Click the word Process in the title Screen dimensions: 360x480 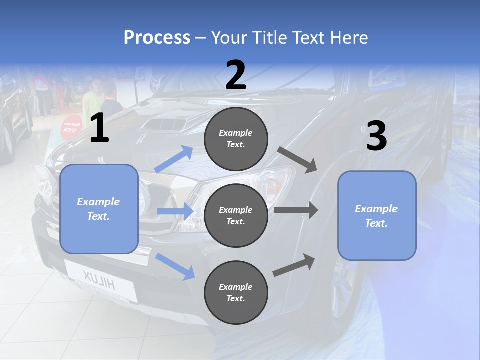coord(157,37)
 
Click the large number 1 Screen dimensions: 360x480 coord(99,128)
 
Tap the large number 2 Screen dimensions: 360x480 coord(236,75)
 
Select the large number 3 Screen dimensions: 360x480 coord(376,136)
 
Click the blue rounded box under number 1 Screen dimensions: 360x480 coord(99,209)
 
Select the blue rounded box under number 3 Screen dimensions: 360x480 coord(377,215)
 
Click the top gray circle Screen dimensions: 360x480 coord(236,139)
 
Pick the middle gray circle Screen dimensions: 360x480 coord(236,215)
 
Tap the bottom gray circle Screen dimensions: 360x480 coord(236,292)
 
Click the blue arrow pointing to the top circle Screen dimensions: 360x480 coord(174,159)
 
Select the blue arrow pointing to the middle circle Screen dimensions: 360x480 coord(175,211)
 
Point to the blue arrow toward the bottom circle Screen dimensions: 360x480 coord(175,266)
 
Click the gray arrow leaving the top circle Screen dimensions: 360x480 coord(297,159)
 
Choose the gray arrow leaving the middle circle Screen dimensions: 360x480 coord(296,210)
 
